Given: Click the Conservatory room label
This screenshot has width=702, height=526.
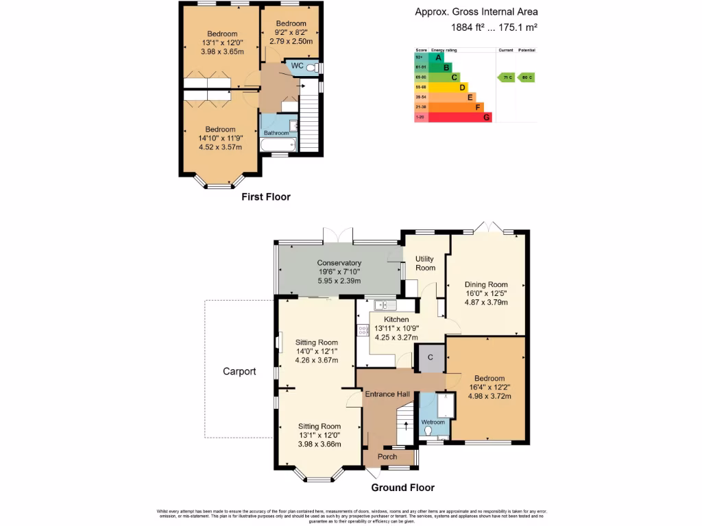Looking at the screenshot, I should tap(339, 263).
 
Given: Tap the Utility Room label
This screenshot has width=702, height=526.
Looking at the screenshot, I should tap(425, 263).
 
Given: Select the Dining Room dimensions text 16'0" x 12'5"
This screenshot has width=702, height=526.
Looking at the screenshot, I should tap(486, 294).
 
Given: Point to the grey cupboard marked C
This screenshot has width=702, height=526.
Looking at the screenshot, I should tap(431, 358).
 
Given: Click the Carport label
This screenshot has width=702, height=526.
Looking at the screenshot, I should tap(239, 372).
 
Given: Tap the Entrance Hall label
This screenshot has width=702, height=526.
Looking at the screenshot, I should tap(387, 394).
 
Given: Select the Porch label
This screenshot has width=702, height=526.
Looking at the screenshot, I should tap(387, 457).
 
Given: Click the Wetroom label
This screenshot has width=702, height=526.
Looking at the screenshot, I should tap(433, 422).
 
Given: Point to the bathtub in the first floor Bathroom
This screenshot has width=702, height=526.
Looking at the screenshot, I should tap(278, 145).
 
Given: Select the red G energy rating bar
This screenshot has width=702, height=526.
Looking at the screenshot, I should tap(459, 117).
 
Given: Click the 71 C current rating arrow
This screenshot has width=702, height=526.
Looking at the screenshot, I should tap(506, 77).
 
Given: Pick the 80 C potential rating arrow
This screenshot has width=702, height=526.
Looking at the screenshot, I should tap(526, 77).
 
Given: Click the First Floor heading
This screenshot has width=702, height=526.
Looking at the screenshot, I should tap(265, 197).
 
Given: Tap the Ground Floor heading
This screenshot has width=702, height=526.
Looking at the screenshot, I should tap(402, 488).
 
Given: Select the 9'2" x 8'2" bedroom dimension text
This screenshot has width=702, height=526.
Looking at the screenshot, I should tap(290, 32).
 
